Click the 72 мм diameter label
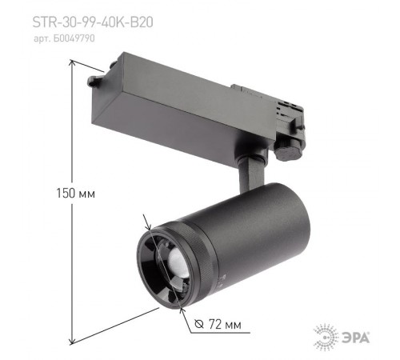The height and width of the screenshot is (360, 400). [x=220, y=324]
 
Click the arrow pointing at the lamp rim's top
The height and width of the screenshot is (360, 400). [x=146, y=226]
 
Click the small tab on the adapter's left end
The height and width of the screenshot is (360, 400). [x=95, y=81]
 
